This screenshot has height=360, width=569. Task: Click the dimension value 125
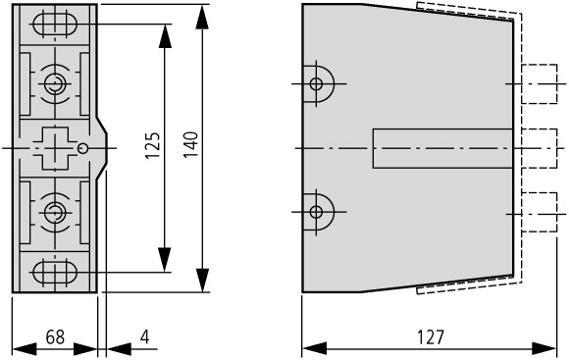(x=153, y=145)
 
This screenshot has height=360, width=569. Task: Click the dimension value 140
(x=190, y=145)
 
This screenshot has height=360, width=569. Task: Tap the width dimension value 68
(x=55, y=337)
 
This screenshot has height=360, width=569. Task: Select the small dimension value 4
(x=145, y=337)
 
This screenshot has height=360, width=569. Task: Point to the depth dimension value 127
(x=430, y=337)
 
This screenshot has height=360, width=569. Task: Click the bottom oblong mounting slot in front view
(x=55, y=272)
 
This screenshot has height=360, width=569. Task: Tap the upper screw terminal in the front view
(x=55, y=84)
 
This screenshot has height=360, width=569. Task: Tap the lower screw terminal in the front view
(x=55, y=213)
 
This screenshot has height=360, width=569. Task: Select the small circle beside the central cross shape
(x=83, y=148)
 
